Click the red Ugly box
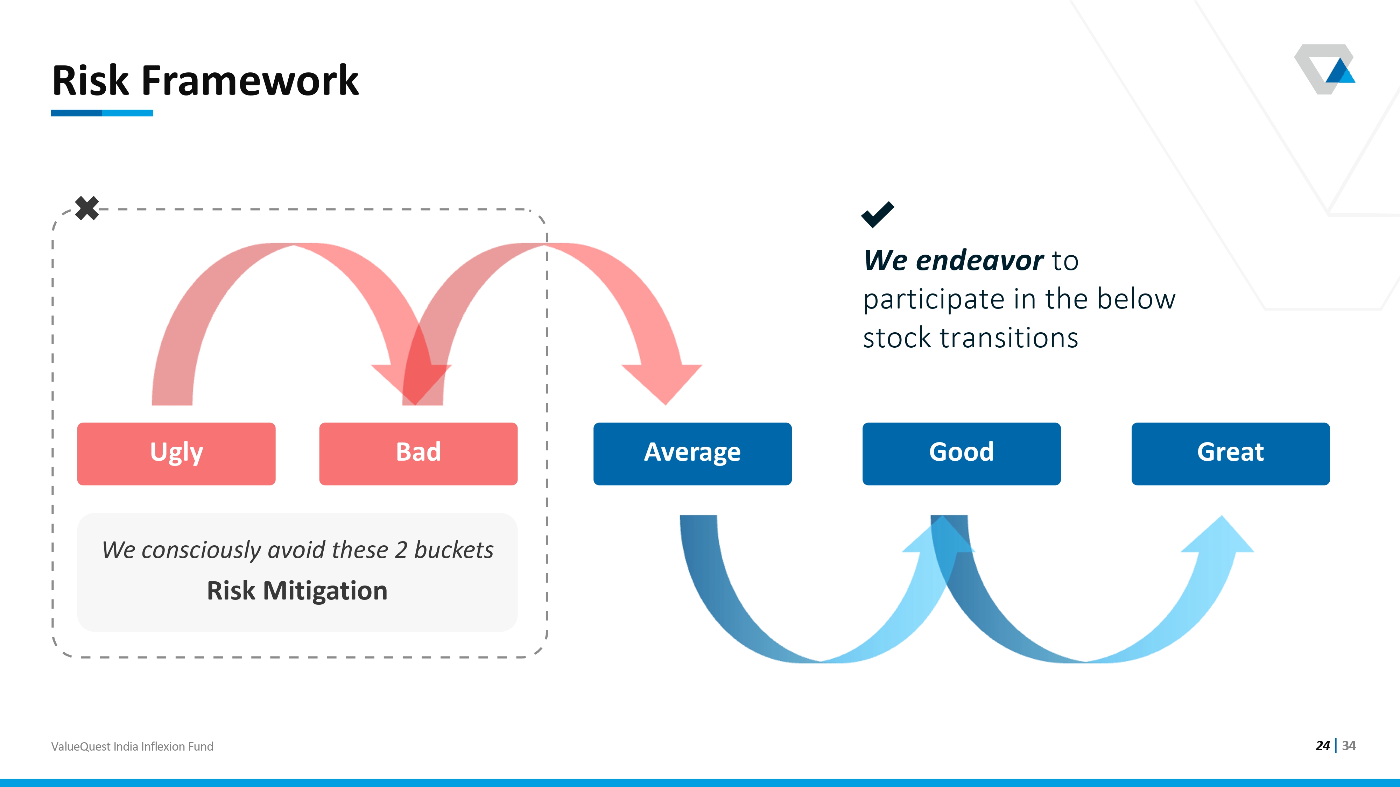click(x=176, y=454)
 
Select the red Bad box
click(x=418, y=454)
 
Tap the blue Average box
click(x=692, y=454)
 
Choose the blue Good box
click(x=962, y=454)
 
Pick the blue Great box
click(x=1230, y=454)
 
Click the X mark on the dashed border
click(x=87, y=208)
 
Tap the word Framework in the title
click(x=250, y=80)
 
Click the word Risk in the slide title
click(x=90, y=80)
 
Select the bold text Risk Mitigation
click(x=297, y=591)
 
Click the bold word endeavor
click(x=980, y=260)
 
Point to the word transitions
click(x=1009, y=338)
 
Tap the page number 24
click(x=1322, y=746)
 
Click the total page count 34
click(x=1349, y=746)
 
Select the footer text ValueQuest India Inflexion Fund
click(x=132, y=746)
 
